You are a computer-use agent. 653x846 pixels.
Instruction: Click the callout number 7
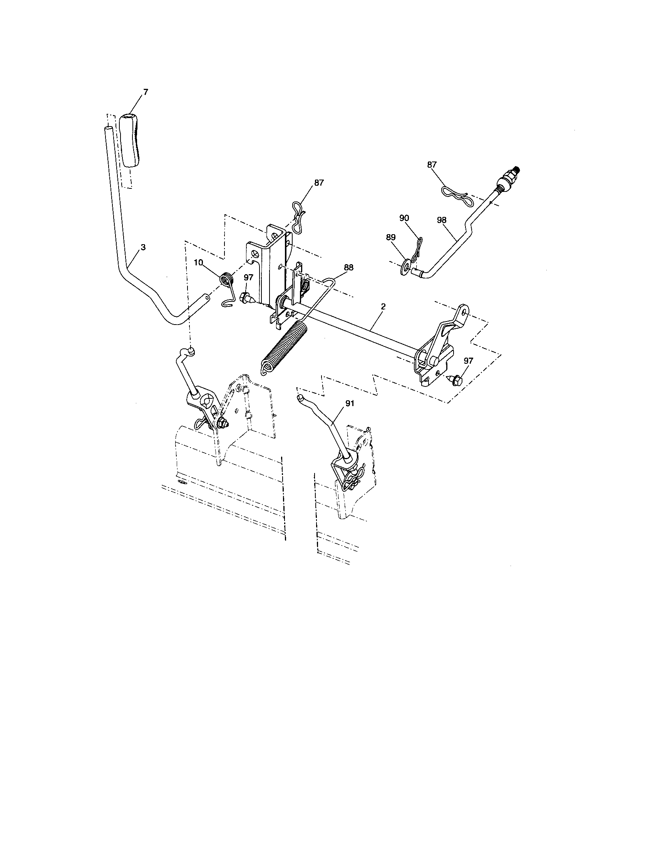coord(146,92)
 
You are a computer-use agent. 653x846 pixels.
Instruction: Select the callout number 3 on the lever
coord(143,247)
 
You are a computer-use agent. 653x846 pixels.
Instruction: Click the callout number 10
coord(198,263)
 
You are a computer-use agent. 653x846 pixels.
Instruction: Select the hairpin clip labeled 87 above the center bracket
coord(298,218)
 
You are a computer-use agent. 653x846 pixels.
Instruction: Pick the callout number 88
coord(348,267)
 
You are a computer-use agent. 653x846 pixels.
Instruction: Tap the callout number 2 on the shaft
coord(383,306)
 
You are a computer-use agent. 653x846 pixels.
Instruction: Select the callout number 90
coord(404,218)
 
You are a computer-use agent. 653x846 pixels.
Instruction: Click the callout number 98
coord(441,220)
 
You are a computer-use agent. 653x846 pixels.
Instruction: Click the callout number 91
coord(350,403)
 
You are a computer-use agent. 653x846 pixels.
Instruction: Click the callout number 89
coord(391,237)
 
